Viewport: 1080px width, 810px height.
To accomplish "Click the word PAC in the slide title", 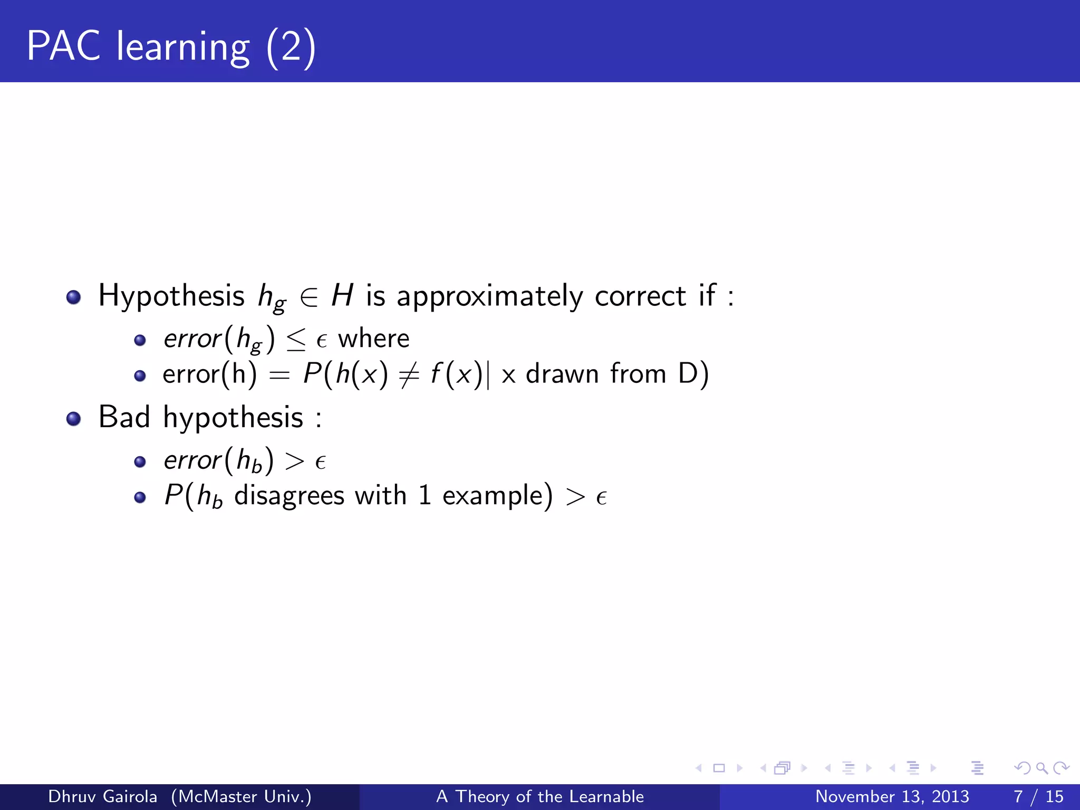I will click(x=63, y=46).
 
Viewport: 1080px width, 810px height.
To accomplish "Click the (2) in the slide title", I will click(x=291, y=47).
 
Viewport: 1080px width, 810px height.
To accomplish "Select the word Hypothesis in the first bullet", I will click(x=171, y=295).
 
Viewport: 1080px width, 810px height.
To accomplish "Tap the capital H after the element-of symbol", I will click(x=342, y=295).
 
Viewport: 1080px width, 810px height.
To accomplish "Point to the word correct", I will click(x=641, y=296).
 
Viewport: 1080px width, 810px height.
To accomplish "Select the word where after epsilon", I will click(x=373, y=339).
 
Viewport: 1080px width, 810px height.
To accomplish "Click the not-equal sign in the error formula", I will click(x=409, y=375).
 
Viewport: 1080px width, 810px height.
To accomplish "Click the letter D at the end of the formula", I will click(x=688, y=374).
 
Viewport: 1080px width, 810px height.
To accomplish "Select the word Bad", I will click(x=124, y=417).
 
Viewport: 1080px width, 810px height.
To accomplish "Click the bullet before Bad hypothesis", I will click(x=73, y=419).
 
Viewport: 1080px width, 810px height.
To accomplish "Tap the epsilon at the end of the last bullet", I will click(x=601, y=497).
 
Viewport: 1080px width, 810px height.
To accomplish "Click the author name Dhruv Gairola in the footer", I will click(x=103, y=796).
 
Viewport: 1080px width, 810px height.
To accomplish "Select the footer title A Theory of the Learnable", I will click(x=540, y=796).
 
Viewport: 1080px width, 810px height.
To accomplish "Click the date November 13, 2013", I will click(x=892, y=796).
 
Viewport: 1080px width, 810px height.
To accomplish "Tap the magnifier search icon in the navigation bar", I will click(x=1042, y=768).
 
